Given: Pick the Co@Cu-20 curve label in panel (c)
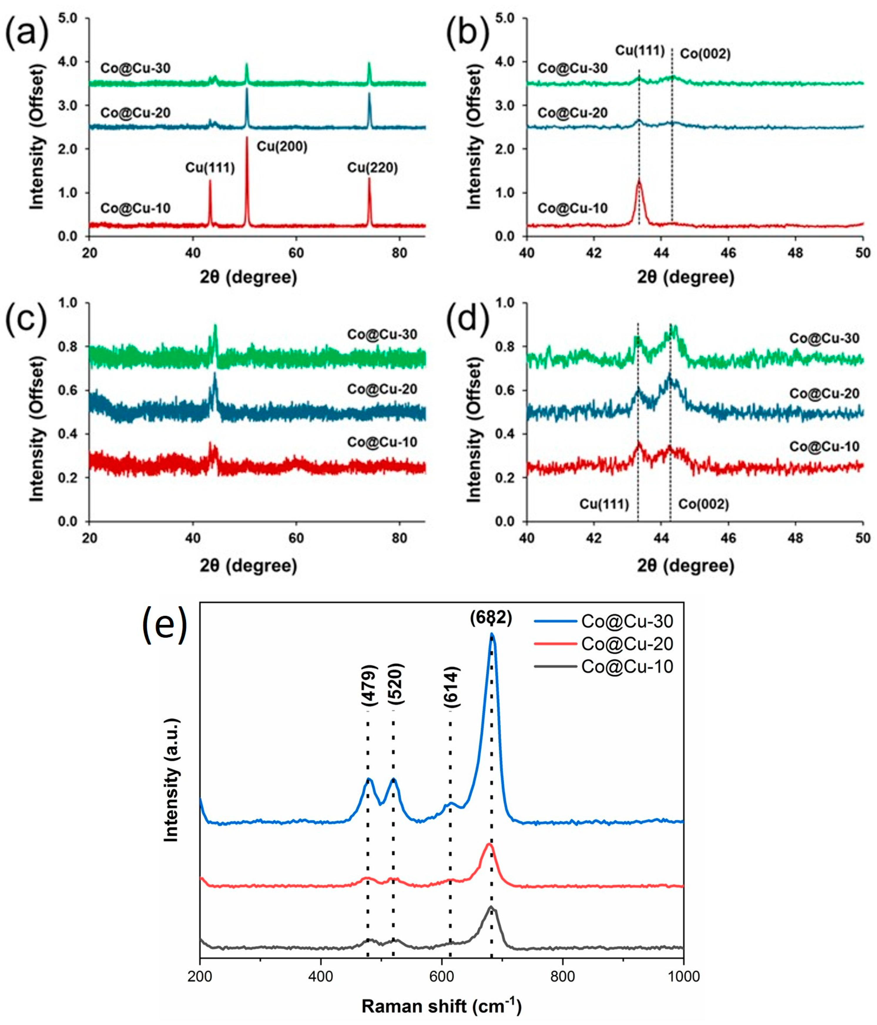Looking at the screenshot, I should click(382, 389).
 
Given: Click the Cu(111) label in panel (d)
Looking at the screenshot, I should click(604, 505).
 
